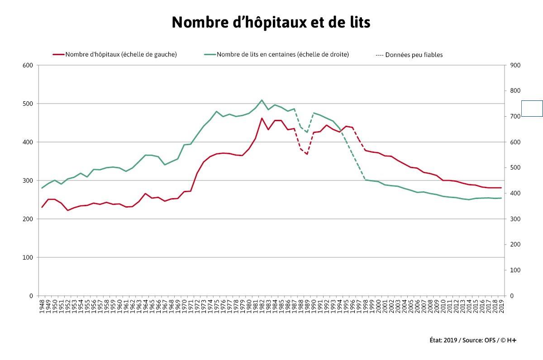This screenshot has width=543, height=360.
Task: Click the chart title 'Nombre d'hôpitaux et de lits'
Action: coord(271,22)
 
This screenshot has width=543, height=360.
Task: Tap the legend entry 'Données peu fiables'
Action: coord(409,55)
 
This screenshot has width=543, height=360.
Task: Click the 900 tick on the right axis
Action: coord(515,65)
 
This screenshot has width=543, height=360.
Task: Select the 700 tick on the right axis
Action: coord(515,116)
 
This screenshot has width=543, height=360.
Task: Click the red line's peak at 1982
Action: coord(262,118)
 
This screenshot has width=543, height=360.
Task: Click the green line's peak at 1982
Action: coord(262,100)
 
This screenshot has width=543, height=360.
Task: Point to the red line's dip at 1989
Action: coord(307,154)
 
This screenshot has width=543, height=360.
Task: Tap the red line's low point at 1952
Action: coord(68,210)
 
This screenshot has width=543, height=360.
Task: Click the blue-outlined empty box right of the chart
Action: coord(532,109)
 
